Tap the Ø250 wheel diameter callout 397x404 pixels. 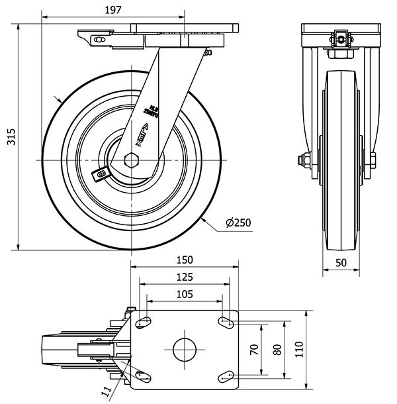pyautogui.click(x=238, y=223)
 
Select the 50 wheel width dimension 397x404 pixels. pyautogui.click(x=341, y=262)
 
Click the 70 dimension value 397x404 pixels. pyautogui.click(x=253, y=350)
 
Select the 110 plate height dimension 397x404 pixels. pyautogui.click(x=298, y=348)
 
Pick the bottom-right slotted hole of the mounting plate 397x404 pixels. pyautogui.click(x=226, y=376)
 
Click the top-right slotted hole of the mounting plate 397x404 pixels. pyautogui.click(x=226, y=323)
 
